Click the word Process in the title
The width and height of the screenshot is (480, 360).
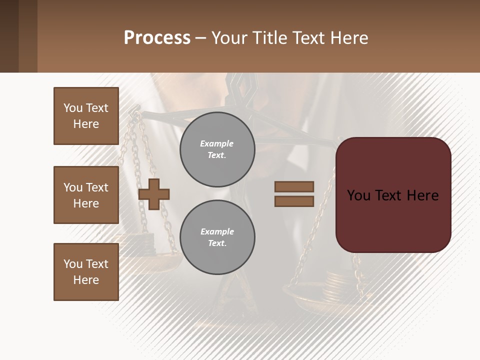click(157, 38)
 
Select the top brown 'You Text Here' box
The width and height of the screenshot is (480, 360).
click(86, 116)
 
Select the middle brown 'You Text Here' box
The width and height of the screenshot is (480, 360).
click(86, 195)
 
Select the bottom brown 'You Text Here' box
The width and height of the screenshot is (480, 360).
click(86, 272)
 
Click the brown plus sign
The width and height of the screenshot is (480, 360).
click(154, 194)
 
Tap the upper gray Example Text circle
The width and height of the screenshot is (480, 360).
click(217, 149)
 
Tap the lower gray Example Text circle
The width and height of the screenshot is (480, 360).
click(217, 237)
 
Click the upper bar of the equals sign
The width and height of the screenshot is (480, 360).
click(294, 187)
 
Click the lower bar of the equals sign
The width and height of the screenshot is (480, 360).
click(294, 201)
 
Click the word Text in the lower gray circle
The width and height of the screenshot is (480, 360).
click(217, 243)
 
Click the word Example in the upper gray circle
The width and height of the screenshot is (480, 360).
click(217, 143)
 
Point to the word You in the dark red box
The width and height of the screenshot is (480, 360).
click(358, 195)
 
